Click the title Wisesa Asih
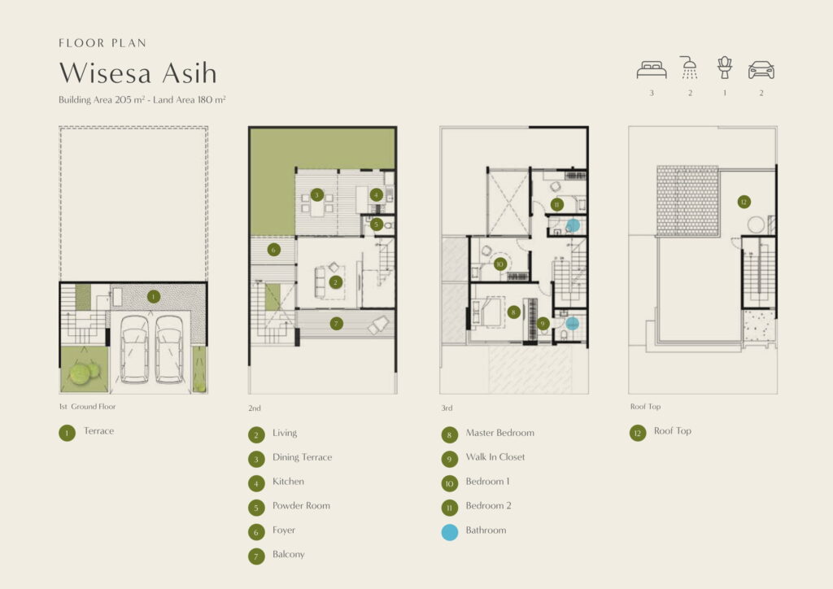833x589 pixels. click(138, 72)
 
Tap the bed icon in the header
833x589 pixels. click(652, 70)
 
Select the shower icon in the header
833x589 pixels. click(689, 68)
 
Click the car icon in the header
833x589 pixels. click(761, 70)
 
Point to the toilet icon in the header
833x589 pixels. click(725, 68)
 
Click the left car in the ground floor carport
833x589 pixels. click(134, 349)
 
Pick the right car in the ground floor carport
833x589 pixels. click(169, 349)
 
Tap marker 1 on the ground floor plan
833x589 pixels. click(154, 296)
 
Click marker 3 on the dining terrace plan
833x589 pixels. click(316, 195)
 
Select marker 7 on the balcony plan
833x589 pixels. click(336, 324)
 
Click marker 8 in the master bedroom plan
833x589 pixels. click(513, 312)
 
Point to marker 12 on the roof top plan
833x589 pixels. click(744, 202)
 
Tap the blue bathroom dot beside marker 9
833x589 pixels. click(572, 323)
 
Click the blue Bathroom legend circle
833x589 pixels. click(450, 532)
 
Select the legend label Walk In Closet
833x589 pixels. click(495, 456)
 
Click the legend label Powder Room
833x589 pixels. click(301, 506)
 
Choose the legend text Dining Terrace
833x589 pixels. click(303, 457)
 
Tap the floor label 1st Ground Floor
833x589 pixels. click(87, 406)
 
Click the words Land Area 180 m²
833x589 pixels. click(189, 99)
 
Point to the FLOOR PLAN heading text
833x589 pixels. click(102, 43)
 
